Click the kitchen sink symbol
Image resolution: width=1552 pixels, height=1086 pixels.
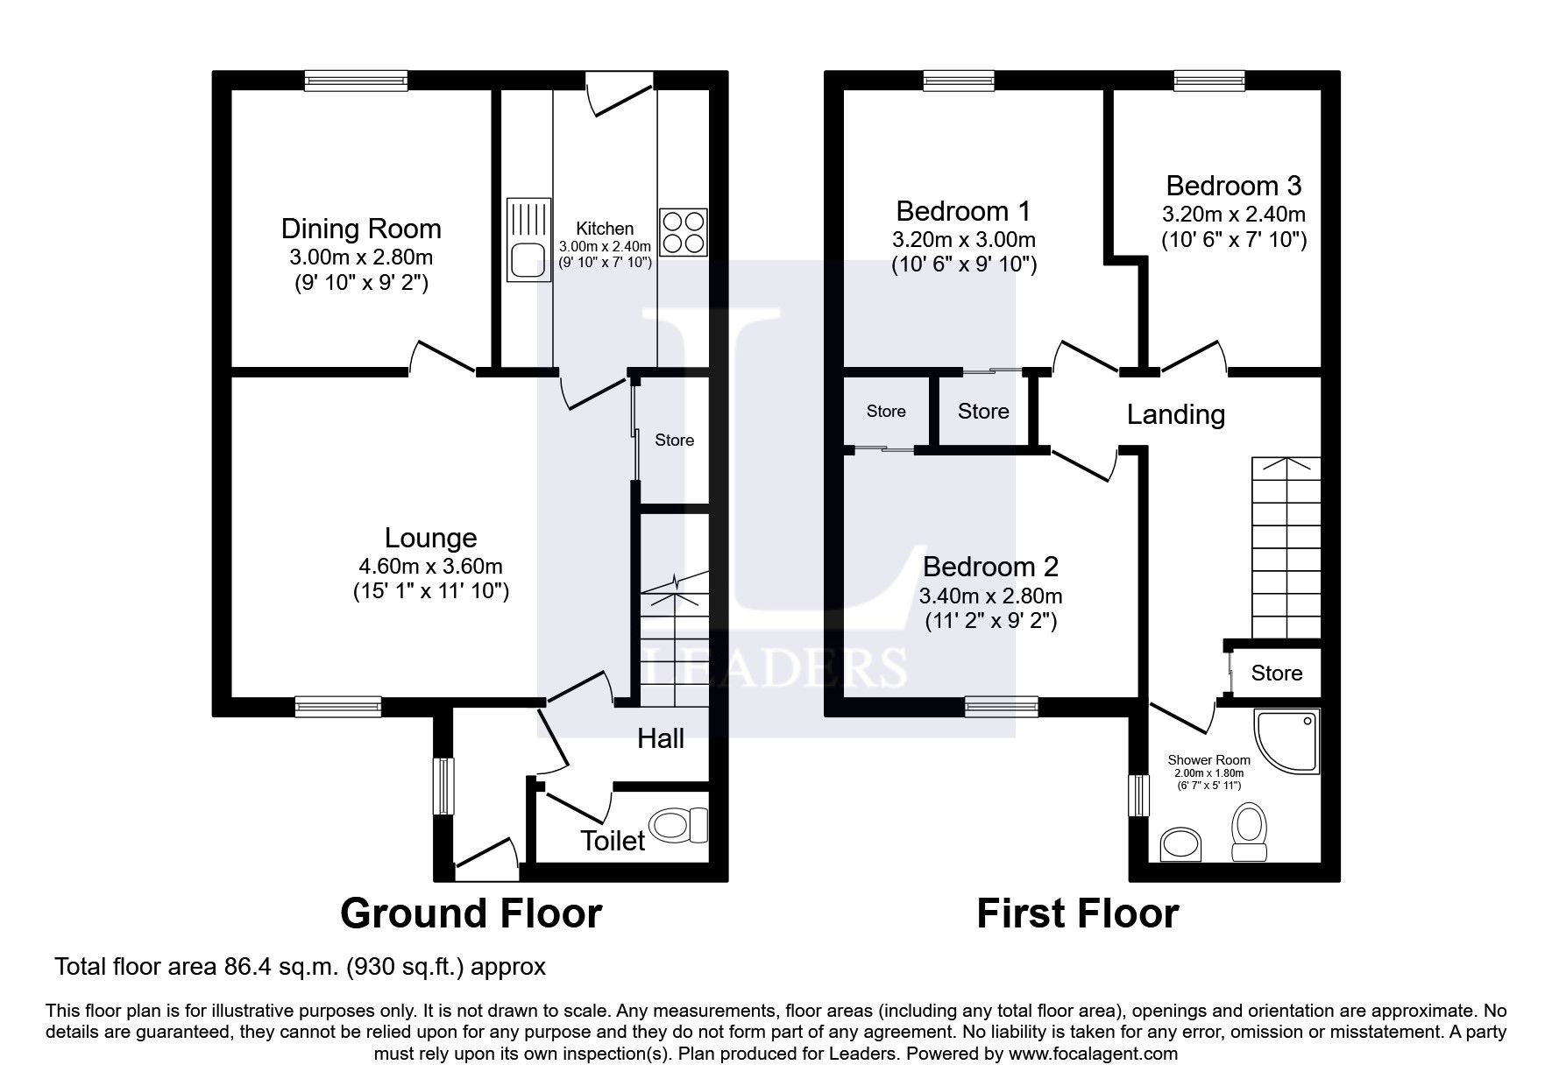529,239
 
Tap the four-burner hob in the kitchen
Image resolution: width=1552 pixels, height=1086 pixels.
684,232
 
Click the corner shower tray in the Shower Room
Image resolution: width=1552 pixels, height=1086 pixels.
1286,743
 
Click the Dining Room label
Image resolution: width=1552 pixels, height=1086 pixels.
361,229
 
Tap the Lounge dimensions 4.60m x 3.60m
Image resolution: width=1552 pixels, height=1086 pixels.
430,566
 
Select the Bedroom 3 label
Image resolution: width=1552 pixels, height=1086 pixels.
1233,186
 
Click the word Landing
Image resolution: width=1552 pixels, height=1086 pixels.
1175,414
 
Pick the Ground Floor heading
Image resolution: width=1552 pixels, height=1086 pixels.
471,913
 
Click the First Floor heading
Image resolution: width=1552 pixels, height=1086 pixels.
1077,913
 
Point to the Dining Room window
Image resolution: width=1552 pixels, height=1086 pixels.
357,81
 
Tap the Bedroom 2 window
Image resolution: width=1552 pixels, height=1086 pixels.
1002,706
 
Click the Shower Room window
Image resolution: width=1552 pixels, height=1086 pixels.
1138,794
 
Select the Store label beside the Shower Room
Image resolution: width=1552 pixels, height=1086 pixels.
1276,673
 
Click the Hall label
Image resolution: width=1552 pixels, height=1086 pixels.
661,738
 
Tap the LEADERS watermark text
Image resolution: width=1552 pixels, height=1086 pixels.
772,667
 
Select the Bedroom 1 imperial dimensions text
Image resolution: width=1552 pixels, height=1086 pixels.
964,264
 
